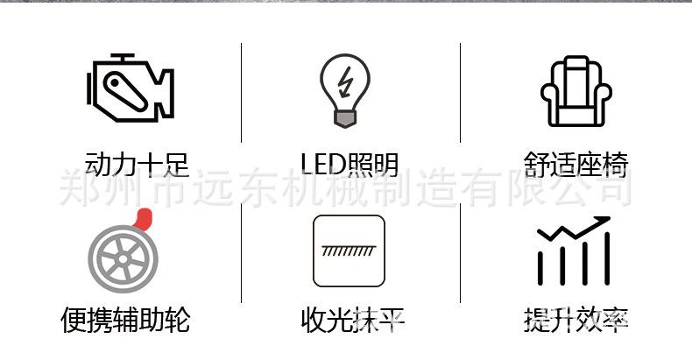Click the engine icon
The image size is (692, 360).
point(131,88)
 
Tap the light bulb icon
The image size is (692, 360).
point(345,90)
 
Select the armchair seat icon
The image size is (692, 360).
point(575,91)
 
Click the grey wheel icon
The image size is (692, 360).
point(124,258)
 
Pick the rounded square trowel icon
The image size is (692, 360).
point(349,251)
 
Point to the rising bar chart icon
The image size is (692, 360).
point(574,251)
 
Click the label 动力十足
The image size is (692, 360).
point(137,165)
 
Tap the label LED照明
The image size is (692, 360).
point(350,165)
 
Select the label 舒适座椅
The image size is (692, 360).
point(575,165)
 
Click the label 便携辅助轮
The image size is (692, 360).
point(125,320)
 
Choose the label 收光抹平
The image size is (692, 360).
point(353,320)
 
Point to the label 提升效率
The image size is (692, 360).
point(575,320)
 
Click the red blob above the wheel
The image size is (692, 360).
point(143,219)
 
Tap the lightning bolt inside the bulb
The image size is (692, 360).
point(344,82)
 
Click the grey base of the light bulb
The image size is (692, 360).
point(345,118)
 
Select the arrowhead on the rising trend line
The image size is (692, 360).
point(603,221)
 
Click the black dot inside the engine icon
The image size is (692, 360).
point(115,82)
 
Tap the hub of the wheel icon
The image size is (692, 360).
point(124,259)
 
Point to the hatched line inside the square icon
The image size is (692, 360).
point(349,251)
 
